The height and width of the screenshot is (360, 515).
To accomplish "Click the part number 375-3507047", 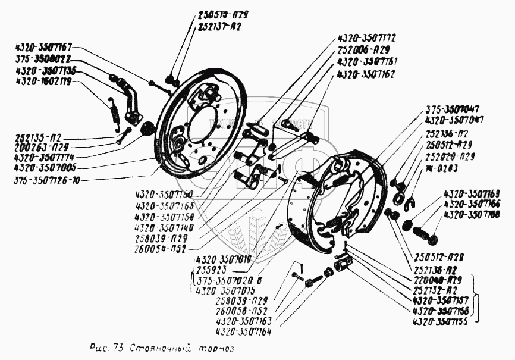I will coord(453,110).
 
